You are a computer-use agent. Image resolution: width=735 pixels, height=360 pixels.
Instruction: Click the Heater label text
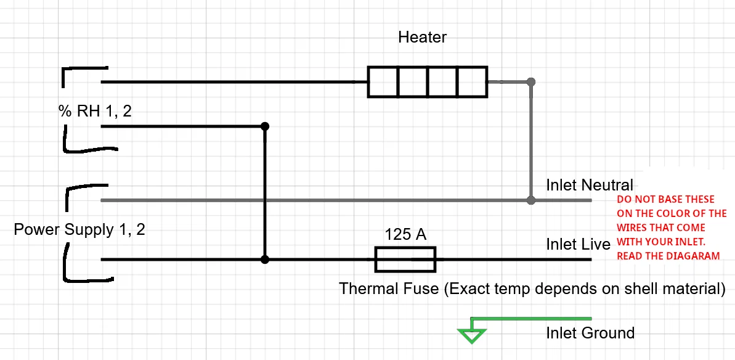point(423,37)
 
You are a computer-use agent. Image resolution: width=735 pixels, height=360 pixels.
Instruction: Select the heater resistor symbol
point(427,82)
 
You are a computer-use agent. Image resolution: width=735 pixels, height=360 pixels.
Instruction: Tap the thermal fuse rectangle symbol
point(405,260)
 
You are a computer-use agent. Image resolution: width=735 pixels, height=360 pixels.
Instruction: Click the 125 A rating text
point(405,234)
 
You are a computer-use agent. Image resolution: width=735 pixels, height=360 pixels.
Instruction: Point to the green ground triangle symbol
point(471,335)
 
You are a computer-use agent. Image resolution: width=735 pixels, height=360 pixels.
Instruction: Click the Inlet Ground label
point(590,333)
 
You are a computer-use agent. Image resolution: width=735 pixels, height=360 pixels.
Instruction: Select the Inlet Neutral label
point(590,185)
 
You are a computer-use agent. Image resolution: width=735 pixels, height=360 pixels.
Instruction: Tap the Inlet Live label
point(579,243)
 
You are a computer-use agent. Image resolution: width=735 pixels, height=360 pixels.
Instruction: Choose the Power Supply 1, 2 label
point(79,230)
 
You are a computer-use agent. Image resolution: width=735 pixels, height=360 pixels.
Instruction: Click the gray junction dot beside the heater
point(530,82)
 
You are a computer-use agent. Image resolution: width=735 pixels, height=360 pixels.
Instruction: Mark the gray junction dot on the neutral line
point(530,200)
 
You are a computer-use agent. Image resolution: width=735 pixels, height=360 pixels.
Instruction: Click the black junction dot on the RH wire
point(265,126)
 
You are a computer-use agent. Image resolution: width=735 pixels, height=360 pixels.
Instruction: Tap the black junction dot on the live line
point(265,260)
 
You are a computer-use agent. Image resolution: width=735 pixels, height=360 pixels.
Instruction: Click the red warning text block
point(672,227)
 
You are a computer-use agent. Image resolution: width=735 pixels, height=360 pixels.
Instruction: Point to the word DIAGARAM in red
point(691,256)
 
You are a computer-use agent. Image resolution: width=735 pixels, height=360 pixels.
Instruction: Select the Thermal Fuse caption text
point(532,288)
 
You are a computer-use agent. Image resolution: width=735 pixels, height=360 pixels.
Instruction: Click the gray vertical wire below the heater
point(530,141)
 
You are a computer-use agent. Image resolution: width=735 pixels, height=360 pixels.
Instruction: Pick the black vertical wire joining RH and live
point(265,193)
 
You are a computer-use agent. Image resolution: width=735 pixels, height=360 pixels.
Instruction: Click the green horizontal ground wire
point(532,319)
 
